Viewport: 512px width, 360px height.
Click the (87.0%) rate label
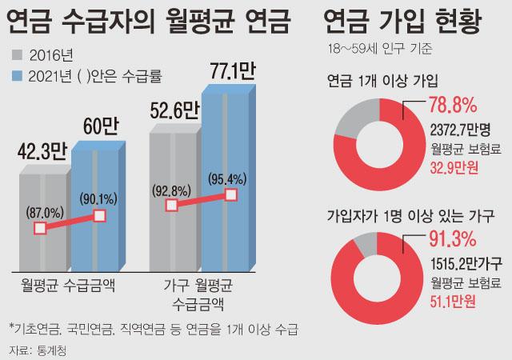41,213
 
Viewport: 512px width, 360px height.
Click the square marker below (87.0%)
41,229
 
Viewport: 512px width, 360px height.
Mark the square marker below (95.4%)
231,194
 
